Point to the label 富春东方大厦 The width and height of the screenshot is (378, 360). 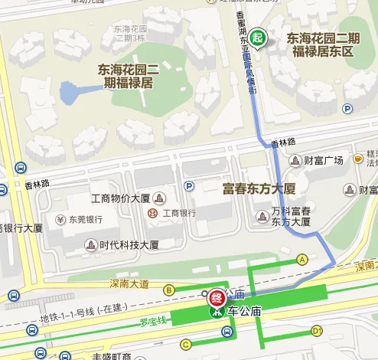pos(259,188)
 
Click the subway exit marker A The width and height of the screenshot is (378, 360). pos(302,260)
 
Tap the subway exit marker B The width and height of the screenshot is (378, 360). pos(168,290)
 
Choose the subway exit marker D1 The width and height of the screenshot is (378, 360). pos(317,331)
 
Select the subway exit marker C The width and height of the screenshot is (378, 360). pos(185,344)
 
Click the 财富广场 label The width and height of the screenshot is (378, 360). pos(323,161)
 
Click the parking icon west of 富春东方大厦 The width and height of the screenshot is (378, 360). pos(188,185)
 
